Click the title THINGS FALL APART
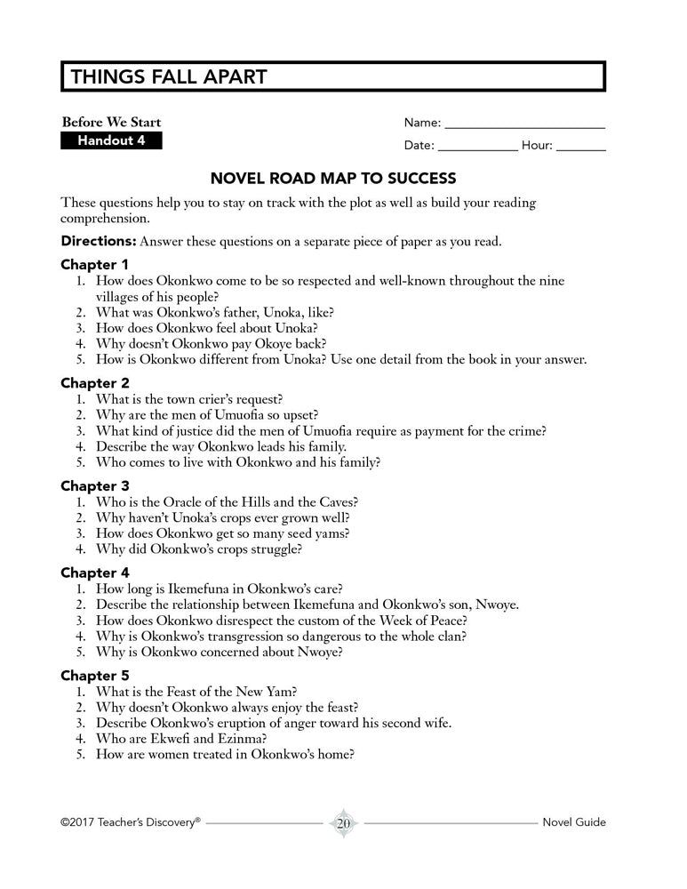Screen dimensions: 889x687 pos(168,77)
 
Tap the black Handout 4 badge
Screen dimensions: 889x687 pos(111,140)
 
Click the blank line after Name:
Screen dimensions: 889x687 pos(524,124)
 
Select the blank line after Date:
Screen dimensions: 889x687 pos(477,147)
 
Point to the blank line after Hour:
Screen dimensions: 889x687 pos(581,147)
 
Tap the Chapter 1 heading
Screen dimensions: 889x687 pos(94,264)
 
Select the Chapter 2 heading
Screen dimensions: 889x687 pos(94,383)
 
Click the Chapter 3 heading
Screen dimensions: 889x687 pos(94,486)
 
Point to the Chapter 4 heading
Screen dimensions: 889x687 pos(94,573)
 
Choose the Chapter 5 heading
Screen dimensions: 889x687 pos(94,676)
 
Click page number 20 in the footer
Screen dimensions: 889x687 pos(343,823)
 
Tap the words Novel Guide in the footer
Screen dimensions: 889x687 pos(574,822)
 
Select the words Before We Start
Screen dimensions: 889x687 pos(111,123)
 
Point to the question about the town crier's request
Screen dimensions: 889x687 pos(201,399)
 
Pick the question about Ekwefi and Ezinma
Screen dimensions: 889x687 pos(188,738)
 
